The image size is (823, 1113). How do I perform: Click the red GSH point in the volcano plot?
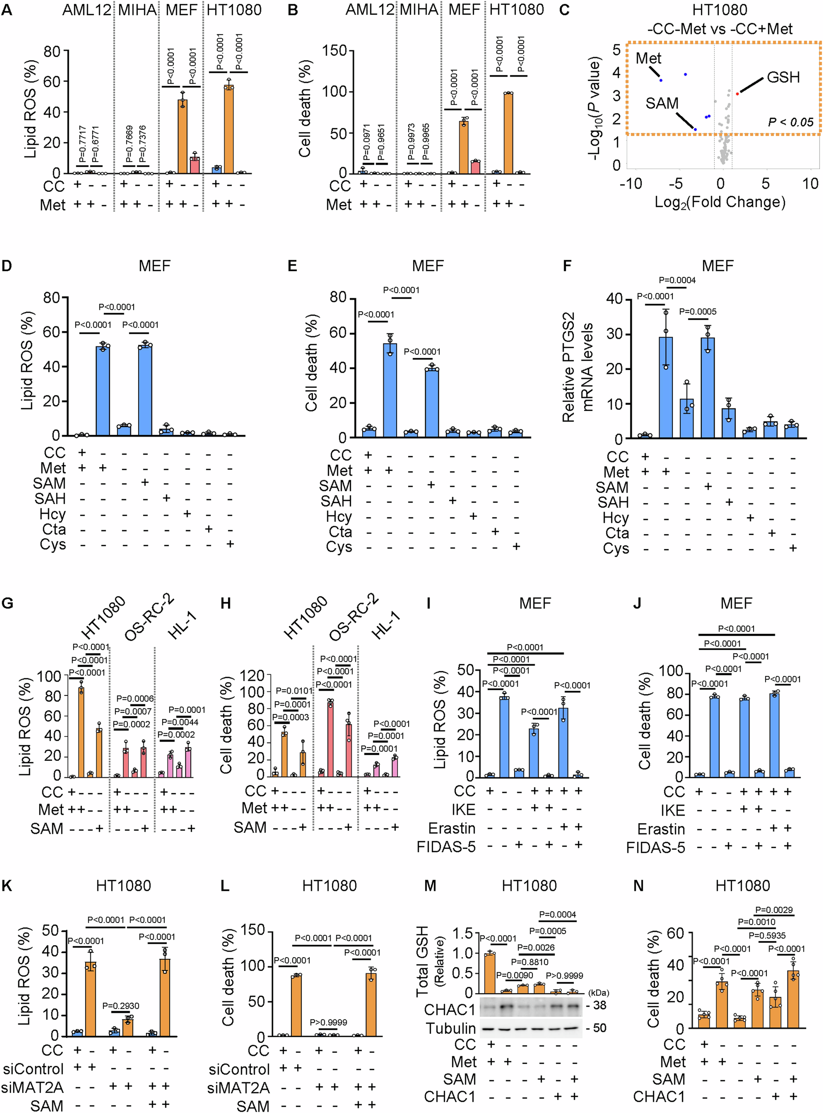click(x=737, y=93)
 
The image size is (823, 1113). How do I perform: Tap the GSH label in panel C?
click(x=783, y=77)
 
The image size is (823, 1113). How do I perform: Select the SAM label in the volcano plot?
click(x=662, y=104)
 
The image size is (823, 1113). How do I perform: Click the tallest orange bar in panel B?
click(x=508, y=133)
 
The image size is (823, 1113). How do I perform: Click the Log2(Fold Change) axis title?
click(x=720, y=202)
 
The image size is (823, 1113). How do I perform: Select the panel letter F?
click(x=566, y=266)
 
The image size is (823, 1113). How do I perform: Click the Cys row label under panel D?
click(x=53, y=544)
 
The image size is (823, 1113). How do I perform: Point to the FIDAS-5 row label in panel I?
click(x=446, y=847)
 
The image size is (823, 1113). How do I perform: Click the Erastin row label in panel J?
click(x=661, y=829)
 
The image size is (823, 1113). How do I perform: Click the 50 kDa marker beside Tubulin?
click(x=599, y=1028)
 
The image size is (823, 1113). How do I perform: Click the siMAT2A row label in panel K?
click(x=33, y=1088)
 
